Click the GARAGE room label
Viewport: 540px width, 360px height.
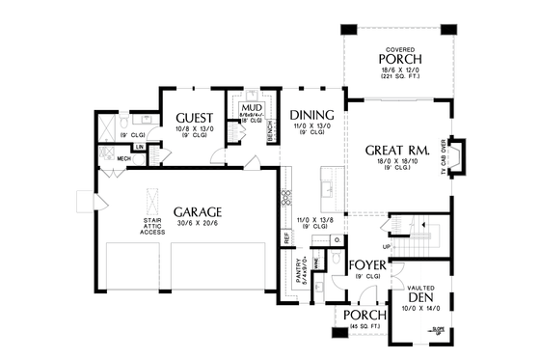click(x=198, y=211)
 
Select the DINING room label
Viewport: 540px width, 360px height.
click(x=310, y=114)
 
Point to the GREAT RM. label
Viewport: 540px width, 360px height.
click(x=396, y=151)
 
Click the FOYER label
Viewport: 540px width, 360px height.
click(x=367, y=263)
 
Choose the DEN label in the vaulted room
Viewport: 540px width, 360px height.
click(x=420, y=298)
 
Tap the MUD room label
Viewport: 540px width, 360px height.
click(x=252, y=107)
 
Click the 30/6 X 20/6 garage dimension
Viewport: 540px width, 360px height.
click(x=198, y=224)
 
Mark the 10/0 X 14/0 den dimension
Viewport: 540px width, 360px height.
click(x=419, y=309)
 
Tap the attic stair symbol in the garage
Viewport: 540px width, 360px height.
click(x=149, y=200)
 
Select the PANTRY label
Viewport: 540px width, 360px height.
click(x=298, y=273)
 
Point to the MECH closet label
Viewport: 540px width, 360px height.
click(x=124, y=158)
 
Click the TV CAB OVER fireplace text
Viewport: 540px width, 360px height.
click(x=445, y=155)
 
